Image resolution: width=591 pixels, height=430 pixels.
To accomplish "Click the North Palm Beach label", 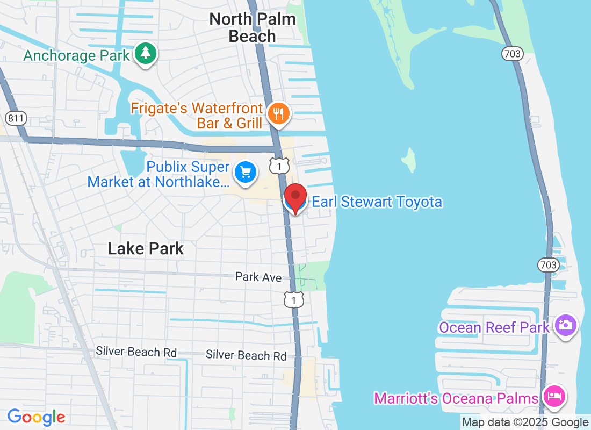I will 253,27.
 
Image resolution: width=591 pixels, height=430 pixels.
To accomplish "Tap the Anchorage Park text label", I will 76,55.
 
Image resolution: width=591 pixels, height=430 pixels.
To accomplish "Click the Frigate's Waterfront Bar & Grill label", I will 197,116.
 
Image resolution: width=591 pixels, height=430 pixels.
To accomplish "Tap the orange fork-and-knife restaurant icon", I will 278,114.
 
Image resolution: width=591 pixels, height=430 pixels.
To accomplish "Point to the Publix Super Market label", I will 158,174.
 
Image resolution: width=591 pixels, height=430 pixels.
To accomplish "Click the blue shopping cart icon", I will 246,172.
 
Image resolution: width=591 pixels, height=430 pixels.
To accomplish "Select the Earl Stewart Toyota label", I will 377,202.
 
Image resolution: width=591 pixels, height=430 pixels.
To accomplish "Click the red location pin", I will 295,197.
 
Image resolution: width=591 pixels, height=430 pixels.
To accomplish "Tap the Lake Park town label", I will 146,248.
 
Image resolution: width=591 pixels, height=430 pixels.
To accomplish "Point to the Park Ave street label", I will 258,277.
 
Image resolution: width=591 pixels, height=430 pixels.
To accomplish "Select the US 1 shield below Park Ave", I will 294,299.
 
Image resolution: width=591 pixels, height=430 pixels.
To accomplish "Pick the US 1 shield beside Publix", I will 279,166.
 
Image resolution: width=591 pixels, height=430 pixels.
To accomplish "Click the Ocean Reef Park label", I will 494,327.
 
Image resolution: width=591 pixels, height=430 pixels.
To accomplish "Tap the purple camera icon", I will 565,325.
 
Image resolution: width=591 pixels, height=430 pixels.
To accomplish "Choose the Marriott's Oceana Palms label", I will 456,398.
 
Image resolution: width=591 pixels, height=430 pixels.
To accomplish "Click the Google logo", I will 37,417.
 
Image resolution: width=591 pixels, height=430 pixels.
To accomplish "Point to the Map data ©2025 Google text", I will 525,422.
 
